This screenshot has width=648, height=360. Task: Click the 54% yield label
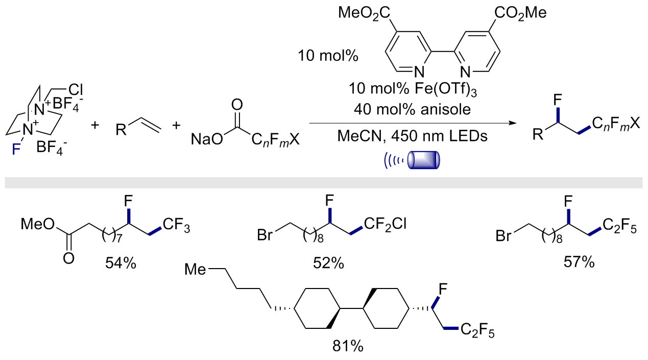(121, 263)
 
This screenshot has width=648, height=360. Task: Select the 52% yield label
(328, 263)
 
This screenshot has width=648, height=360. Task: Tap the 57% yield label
(579, 262)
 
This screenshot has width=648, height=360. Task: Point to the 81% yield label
(348, 346)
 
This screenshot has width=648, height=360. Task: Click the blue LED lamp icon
(412, 160)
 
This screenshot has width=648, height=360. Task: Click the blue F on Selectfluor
(16, 150)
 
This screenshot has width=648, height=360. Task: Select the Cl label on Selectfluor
(76, 90)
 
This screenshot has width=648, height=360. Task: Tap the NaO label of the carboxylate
(207, 139)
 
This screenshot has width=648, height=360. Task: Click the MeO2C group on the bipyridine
(364, 13)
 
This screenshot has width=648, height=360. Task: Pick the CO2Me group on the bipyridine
(520, 13)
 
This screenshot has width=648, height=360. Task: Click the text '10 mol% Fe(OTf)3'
(413, 89)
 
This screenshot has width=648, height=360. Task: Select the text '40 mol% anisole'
(412, 109)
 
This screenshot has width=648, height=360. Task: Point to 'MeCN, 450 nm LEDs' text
(412, 136)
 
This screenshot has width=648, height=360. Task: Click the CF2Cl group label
(386, 224)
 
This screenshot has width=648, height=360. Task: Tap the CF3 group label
(177, 225)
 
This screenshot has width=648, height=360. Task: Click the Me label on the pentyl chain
(195, 270)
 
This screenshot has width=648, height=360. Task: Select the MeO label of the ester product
(38, 224)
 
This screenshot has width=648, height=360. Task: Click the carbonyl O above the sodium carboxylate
(237, 105)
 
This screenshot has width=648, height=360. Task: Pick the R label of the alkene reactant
(121, 130)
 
